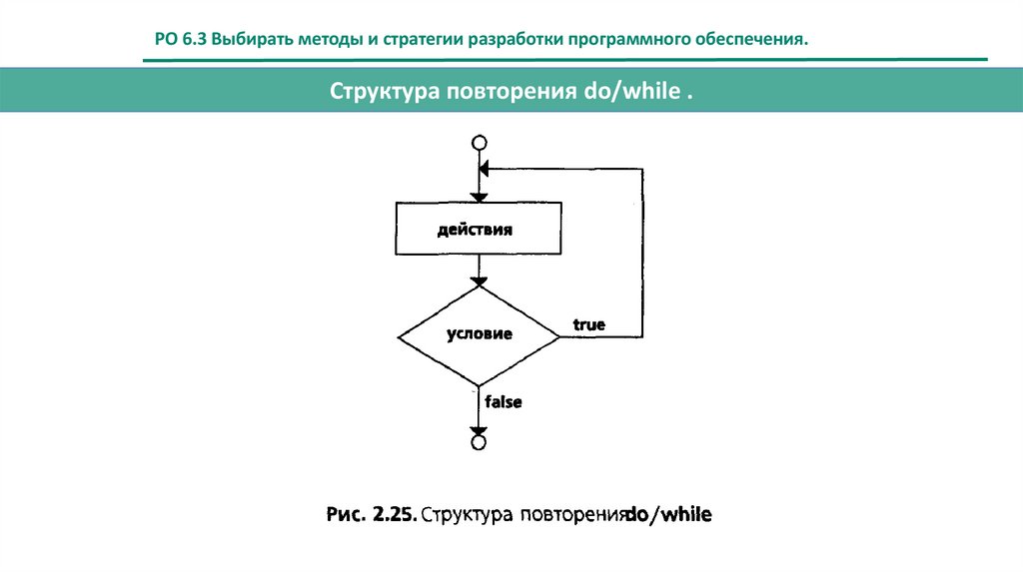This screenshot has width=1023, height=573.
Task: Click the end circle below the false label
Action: (x=479, y=441)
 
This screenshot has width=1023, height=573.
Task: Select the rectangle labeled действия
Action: (x=479, y=229)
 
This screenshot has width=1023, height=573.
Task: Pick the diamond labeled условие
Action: (x=479, y=334)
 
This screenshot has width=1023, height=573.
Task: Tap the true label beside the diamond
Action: (x=588, y=325)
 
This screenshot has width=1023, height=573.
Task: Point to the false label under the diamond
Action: (x=504, y=402)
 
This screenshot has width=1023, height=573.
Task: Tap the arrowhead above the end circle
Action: (x=479, y=427)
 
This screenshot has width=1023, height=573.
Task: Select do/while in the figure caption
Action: (x=668, y=515)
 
